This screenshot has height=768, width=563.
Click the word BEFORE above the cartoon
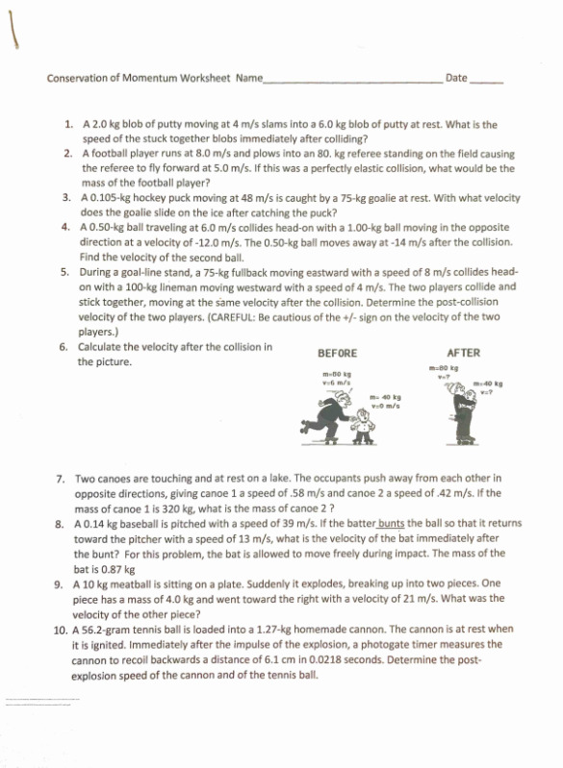point(337,353)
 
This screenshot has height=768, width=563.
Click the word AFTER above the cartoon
point(464,353)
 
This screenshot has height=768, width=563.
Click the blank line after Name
point(352,80)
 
